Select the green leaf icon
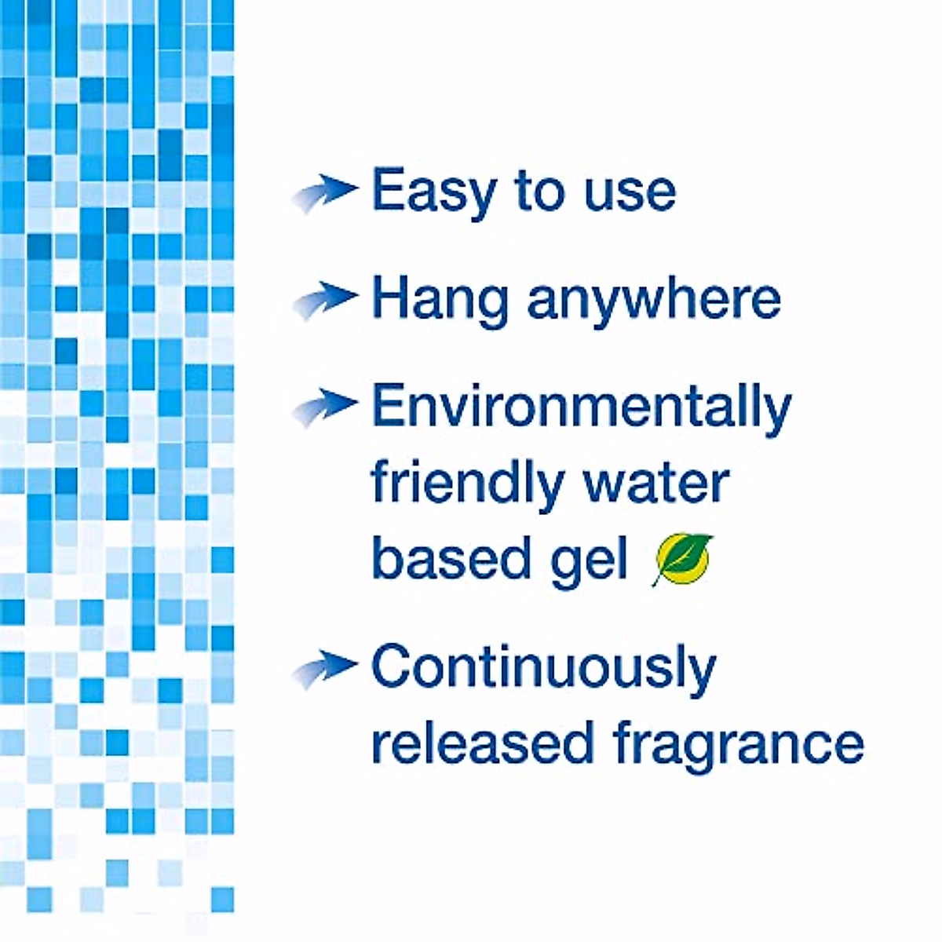coord(681,560)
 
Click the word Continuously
coord(543,667)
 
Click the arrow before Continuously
coord(324,668)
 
